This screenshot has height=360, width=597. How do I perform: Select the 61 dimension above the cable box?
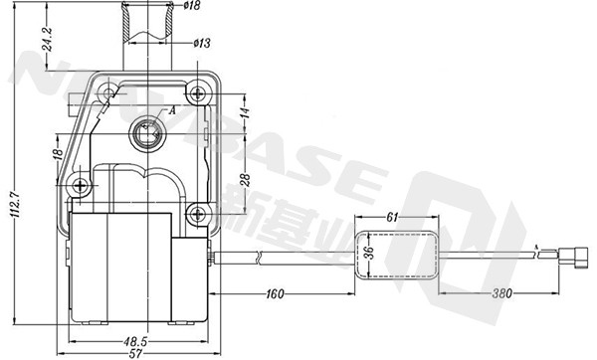[x=392, y=216]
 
